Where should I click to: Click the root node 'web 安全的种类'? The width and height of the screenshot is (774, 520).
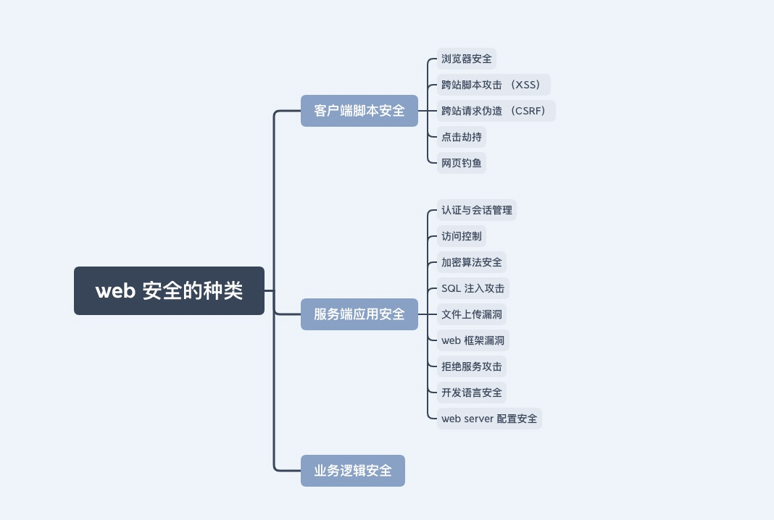click(x=170, y=290)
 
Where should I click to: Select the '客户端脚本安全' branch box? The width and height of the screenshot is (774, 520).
click(x=359, y=111)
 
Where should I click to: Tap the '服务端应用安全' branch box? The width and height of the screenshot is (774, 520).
click(x=359, y=314)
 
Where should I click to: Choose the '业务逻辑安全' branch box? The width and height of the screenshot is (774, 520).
click(x=353, y=471)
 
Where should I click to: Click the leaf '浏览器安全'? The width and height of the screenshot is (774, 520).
click(x=467, y=59)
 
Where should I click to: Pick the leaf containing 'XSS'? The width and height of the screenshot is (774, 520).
click(x=494, y=85)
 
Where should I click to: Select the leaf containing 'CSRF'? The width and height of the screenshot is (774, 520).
click(x=496, y=111)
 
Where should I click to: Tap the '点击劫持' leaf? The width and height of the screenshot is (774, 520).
click(x=462, y=137)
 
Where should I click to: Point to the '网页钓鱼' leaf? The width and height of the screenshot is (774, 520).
click(x=462, y=163)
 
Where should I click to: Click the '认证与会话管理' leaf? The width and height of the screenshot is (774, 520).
click(x=477, y=210)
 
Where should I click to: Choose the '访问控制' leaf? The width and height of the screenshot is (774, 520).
click(x=462, y=236)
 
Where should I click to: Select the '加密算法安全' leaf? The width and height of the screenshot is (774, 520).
click(x=471, y=262)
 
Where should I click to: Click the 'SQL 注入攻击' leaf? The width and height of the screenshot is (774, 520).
click(x=473, y=288)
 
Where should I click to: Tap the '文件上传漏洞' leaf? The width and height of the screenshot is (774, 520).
click(x=471, y=314)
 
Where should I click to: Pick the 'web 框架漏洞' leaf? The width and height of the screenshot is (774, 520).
click(x=473, y=340)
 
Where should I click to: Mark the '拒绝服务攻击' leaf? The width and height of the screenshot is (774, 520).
click(x=471, y=366)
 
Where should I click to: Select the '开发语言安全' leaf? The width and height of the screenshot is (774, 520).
click(x=471, y=393)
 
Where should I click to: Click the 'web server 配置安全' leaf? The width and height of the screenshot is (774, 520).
click(x=489, y=419)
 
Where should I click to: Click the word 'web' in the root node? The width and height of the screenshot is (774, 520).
click(x=115, y=291)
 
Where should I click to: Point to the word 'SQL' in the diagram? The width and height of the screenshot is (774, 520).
click(x=451, y=289)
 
